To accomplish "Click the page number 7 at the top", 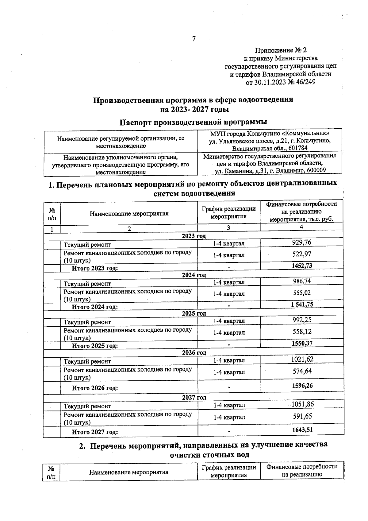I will click(194, 39).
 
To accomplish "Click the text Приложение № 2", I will click(281, 50).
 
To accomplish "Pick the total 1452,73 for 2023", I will click(302, 266).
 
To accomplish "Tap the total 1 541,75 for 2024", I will click(302, 304).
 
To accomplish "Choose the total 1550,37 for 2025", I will click(302, 343).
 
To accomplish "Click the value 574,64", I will click(302, 371).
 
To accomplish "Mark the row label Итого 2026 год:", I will click(95, 388).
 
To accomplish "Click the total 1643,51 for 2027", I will click(302, 430).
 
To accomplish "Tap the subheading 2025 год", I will click(194, 314).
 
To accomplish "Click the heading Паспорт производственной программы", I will click(193, 122).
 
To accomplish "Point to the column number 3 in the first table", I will click(228, 228).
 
